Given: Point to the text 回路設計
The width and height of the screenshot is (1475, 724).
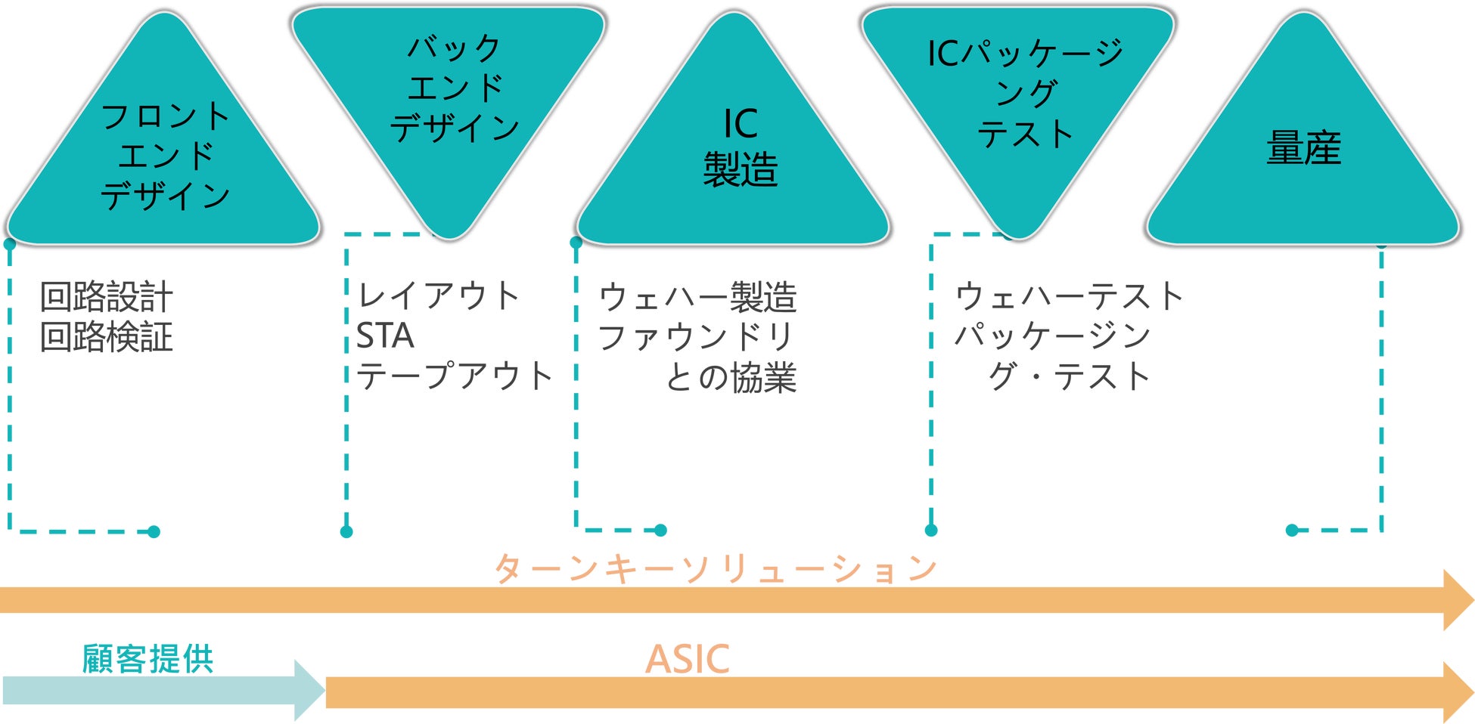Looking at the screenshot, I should coord(107,296).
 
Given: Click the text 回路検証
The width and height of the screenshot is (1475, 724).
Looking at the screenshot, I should coord(107,337).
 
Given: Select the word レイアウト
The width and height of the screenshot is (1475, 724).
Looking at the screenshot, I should coord(439,295).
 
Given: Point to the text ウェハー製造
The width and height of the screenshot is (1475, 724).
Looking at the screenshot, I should coord(697,297).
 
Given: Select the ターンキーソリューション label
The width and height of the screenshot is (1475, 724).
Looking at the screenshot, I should coord(716,568).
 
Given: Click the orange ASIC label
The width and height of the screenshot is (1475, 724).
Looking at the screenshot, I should coord(687,659).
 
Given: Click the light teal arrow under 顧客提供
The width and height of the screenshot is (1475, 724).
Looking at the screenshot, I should coord(151,691).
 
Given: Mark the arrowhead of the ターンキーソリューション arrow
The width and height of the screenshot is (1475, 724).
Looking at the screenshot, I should coord(1457,600).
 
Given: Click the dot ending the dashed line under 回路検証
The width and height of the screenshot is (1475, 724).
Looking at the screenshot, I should coord(154,532).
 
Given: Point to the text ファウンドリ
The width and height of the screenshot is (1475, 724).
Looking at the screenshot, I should coord(696,337).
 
